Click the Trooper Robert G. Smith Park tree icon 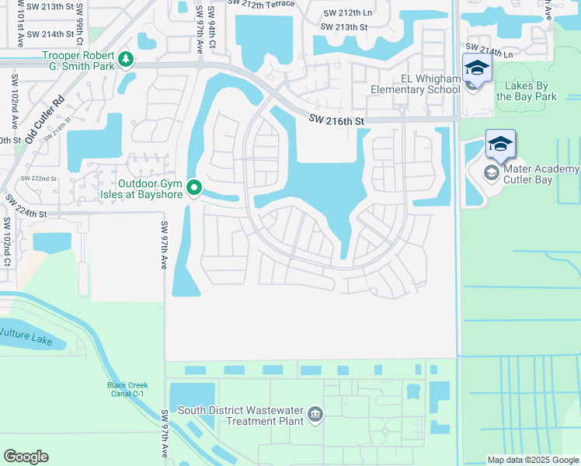[x=125, y=59]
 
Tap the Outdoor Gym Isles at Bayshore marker [x=194, y=188]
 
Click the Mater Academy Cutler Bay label [x=541, y=175]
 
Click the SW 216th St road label [x=336, y=120]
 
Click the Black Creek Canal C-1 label [x=128, y=390]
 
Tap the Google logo [x=26, y=457]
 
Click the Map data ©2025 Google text [x=532, y=460]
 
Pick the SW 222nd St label [x=39, y=178]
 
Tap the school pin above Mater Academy [x=500, y=144]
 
